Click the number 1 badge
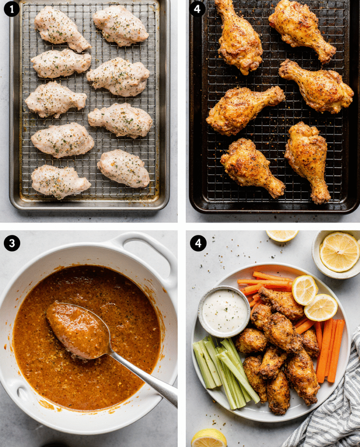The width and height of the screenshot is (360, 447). point(12,9)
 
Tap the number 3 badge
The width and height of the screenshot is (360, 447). point(12,243)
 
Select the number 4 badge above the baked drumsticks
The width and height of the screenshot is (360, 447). point(197,9)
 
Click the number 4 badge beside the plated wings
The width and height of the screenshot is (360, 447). point(198,243)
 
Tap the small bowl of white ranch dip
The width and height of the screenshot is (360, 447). point(224,312)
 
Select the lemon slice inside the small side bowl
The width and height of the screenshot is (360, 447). point(339,252)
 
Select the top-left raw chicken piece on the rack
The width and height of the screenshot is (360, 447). point(62,29)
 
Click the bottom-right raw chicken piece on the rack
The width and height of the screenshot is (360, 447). point(123,168)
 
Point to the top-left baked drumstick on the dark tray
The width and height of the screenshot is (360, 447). point(238,37)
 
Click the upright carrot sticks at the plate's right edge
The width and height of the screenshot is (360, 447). point(330,350)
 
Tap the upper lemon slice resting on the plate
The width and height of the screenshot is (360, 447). point(305,290)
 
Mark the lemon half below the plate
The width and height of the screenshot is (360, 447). point(209,438)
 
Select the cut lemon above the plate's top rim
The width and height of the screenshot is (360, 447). point(282,235)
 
